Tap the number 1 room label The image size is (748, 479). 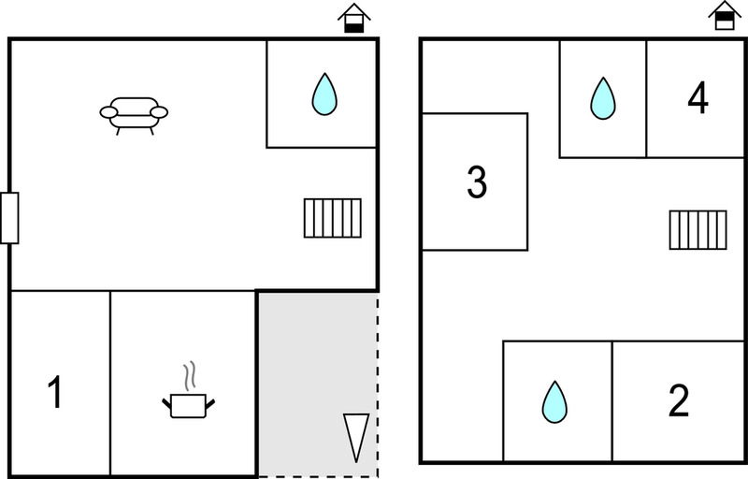point(56,392)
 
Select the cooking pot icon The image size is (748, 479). point(188,405)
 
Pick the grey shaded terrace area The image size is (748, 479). point(318,385)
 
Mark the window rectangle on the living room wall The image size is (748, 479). point(9,218)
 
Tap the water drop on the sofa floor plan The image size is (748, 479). point(324,94)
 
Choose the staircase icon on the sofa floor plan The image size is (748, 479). point(333,218)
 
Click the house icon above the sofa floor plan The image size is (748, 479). point(354,18)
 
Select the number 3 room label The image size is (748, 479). point(477,181)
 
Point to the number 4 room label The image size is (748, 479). point(698,98)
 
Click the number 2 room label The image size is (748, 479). point(679,400)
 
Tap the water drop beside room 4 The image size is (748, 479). point(603,98)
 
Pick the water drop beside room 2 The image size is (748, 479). point(554,401)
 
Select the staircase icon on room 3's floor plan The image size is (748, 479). point(698,230)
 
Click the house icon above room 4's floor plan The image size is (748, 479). point(725,15)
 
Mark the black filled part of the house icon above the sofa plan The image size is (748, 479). point(354,28)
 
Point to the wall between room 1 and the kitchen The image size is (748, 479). point(110,383)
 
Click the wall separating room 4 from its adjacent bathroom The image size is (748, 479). point(646,99)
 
